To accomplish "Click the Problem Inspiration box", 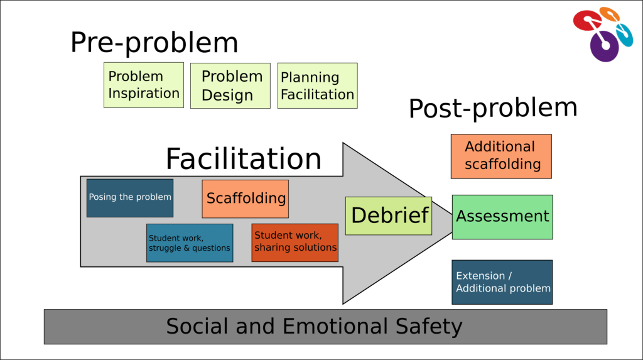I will coord(143,85).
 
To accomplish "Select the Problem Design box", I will coord(230,85).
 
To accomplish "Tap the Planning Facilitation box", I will coord(317,85).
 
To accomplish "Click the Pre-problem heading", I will coord(154,43).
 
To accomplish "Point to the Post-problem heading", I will coord(493,108).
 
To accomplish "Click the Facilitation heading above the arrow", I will coord(244,159).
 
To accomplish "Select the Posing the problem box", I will coord(130,197).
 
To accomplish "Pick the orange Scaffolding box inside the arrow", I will coord(246,199).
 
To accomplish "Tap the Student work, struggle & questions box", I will coord(190,243).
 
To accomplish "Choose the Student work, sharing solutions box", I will coord(295,242).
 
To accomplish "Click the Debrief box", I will coord(389,215).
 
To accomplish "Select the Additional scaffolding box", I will coord(501,156).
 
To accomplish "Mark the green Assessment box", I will coord(502,217).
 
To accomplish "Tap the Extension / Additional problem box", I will coord(502,282).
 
